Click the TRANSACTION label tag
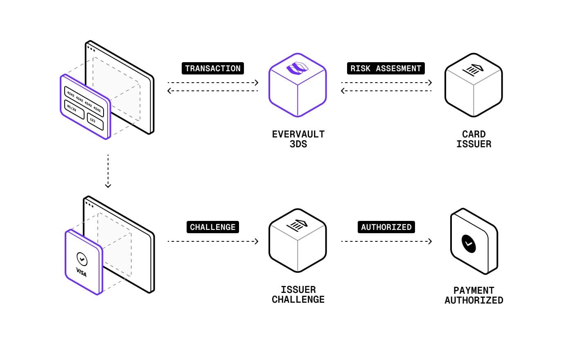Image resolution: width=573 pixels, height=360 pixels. [212, 68]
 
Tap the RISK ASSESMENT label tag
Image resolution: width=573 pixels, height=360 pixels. [386, 68]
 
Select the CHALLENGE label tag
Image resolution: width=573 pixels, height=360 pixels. [212, 227]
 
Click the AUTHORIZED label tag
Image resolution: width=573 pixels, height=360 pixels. [386, 227]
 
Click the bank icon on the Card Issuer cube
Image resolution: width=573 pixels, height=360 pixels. [473, 70]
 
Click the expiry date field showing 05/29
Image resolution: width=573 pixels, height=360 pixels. [74, 109]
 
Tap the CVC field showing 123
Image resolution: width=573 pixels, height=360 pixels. [95, 121]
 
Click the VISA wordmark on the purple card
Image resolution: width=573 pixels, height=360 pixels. [81, 272]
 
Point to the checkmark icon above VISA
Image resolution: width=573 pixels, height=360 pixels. [82, 259]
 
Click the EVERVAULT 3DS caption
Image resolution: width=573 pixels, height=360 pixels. [298, 139]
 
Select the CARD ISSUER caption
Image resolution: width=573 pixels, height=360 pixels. [474, 139]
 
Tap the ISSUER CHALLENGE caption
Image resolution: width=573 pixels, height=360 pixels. [298, 295]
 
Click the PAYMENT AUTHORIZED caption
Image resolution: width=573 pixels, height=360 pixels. [474, 295]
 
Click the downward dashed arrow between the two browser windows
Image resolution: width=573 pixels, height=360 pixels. [108, 171]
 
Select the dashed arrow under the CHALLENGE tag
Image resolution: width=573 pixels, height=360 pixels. [213, 241]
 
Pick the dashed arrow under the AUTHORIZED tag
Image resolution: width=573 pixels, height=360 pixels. [386, 241]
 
